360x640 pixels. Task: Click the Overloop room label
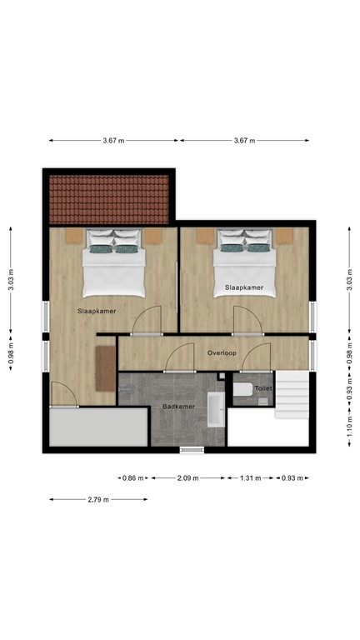tap(222, 353)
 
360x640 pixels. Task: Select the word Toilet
tap(263, 388)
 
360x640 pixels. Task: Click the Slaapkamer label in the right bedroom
tap(244, 287)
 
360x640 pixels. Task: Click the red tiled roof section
tap(110, 199)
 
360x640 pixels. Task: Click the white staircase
tap(292, 397)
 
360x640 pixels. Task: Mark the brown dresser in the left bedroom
tap(104, 367)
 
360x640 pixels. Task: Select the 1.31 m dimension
tap(250, 478)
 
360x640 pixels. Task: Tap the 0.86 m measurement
tap(132, 478)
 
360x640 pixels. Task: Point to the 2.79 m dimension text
tap(98, 499)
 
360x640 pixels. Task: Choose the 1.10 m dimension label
tap(349, 430)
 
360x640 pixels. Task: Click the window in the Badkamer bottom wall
tap(192, 450)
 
